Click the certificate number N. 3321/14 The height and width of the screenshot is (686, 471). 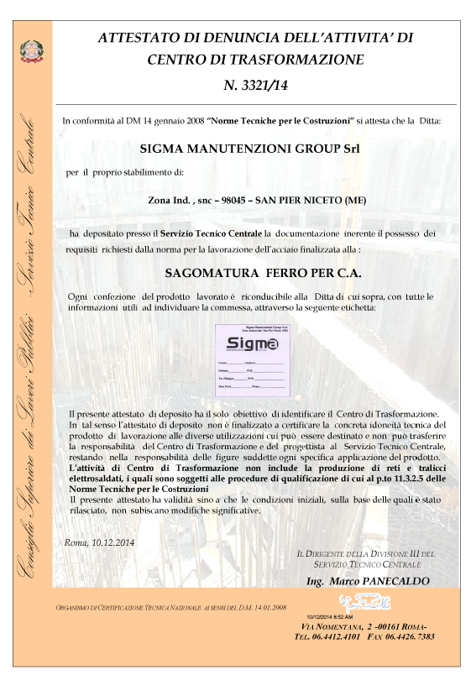point(255,84)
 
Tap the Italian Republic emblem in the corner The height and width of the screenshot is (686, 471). point(27,51)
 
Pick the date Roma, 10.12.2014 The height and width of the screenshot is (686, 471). point(99,542)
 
